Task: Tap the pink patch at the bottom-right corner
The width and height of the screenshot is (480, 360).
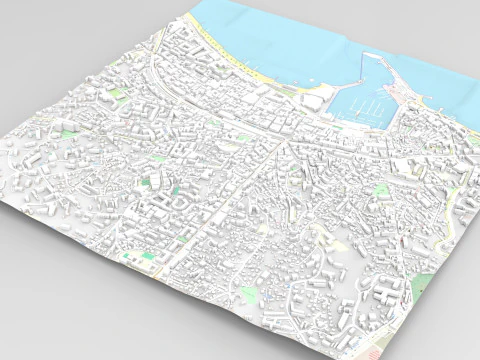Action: click(372, 351)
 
